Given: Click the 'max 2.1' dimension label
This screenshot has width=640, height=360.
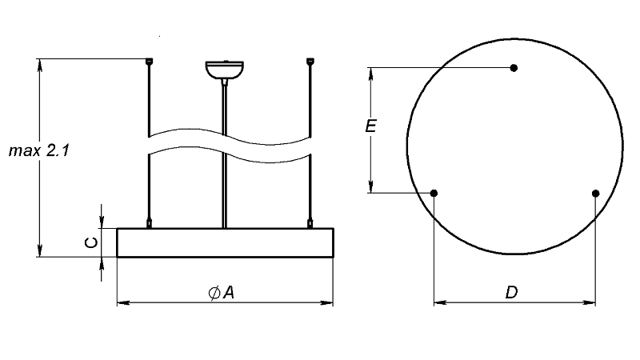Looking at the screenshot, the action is (39, 150).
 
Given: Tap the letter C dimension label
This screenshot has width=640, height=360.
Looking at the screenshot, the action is (91, 242).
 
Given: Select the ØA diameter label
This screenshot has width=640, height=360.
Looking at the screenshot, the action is (222, 292).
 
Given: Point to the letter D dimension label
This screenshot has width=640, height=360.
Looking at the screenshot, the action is (511, 292).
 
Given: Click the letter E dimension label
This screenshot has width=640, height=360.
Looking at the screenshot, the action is (370, 126).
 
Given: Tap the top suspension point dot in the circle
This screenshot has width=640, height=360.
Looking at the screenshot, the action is (514, 68).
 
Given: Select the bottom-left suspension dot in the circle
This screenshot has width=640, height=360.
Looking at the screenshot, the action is (434, 193).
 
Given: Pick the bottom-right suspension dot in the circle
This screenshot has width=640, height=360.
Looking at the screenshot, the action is (595, 193).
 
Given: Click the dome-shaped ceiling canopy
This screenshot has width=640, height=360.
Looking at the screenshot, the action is (225, 70).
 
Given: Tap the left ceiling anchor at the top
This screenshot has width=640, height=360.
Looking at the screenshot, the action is (150, 62).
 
